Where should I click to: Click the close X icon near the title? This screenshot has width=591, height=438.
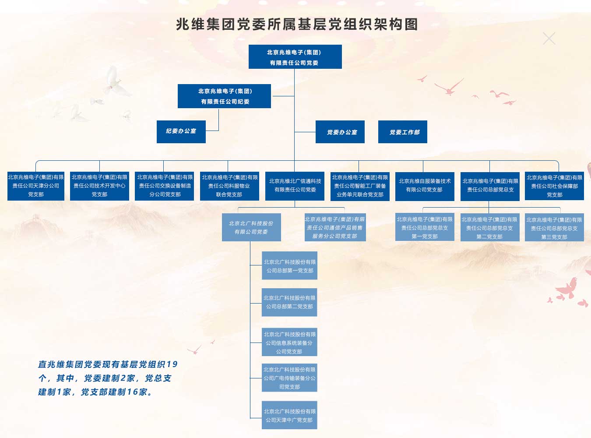549,39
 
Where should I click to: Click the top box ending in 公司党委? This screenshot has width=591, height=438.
295,57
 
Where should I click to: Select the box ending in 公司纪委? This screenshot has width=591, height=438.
224,96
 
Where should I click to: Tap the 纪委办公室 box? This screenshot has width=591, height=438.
181,132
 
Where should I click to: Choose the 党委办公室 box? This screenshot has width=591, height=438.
340,132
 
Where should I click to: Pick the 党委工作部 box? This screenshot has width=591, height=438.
403,132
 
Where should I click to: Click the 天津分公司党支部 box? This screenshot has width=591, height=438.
36,186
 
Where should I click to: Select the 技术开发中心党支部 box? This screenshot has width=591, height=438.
99,186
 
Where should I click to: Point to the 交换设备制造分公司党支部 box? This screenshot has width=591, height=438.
165,186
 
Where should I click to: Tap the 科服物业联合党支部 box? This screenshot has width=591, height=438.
229,186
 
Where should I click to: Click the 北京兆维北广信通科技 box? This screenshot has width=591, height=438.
295,186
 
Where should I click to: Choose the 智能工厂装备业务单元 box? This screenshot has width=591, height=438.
360,186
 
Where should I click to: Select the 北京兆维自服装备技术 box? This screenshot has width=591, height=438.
425,186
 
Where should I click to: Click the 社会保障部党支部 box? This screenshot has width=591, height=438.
554,186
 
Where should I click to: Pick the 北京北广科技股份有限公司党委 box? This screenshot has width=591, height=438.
251,227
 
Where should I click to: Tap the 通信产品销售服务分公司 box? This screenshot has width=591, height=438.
335,227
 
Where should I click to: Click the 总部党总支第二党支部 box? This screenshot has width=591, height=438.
490,228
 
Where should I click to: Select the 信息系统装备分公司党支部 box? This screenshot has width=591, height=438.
289,342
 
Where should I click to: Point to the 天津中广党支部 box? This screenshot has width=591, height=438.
289,415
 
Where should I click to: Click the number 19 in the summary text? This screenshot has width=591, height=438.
172,364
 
